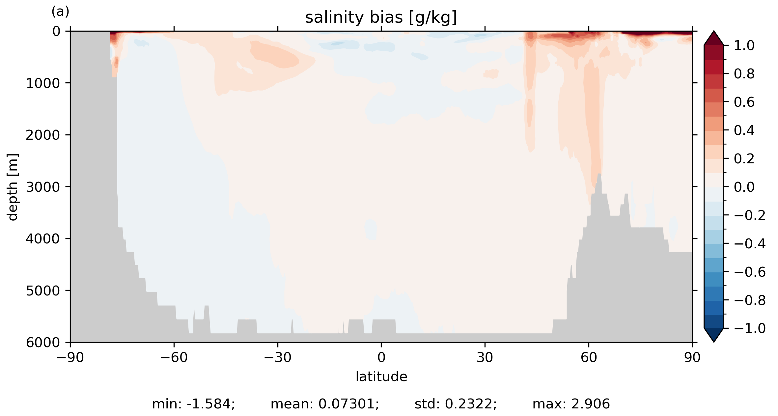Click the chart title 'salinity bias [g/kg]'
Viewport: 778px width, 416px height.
[381, 18]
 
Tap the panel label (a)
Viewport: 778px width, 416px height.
[60, 12]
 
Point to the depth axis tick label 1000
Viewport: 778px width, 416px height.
[43, 83]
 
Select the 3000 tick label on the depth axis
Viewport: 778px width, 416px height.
[43, 187]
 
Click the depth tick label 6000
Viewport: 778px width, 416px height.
[43, 343]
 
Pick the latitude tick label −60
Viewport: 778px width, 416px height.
[174, 358]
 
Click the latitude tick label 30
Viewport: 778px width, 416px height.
[485, 358]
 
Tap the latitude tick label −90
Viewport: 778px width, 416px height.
[70, 358]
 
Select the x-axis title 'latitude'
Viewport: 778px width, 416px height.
[381, 376]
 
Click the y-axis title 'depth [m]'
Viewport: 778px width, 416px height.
[13, 187]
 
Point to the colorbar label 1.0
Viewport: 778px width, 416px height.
[744, 46]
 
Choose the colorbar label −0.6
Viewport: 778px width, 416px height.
[750, 272]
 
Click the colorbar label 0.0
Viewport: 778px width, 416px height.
[744, 187]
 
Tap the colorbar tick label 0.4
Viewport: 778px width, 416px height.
[744, 131]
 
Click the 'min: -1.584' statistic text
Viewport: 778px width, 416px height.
[193, 404]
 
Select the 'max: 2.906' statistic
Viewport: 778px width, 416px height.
[571, 404]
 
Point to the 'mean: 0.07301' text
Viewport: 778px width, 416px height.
[325, 404]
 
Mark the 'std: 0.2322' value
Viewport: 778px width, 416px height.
[456, 404]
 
